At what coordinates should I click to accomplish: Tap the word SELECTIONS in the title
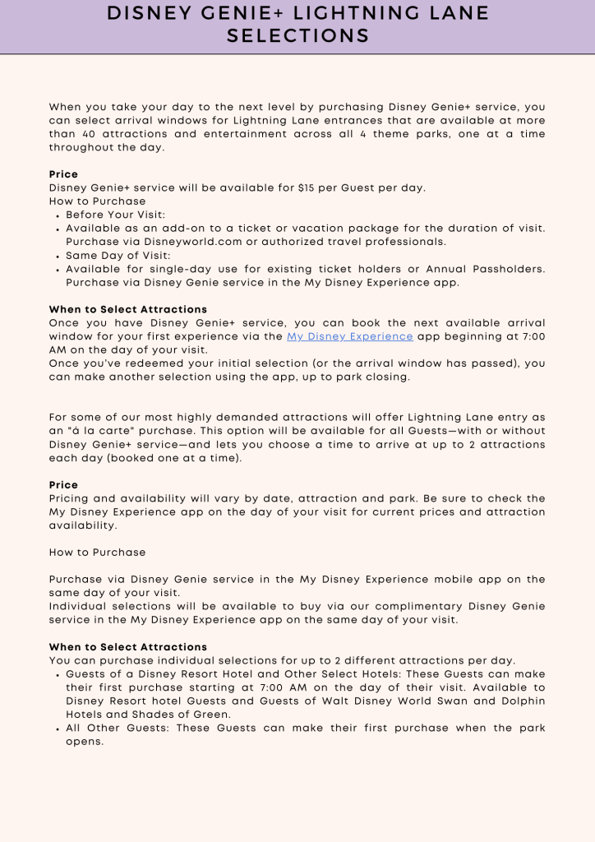tap(297, 36)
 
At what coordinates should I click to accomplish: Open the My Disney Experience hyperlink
tap(349, 336)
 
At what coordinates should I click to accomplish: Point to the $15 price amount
tap(308, 187)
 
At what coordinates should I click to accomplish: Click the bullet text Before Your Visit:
tap(116, 215)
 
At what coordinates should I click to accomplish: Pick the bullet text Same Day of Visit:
tap(118, 255)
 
